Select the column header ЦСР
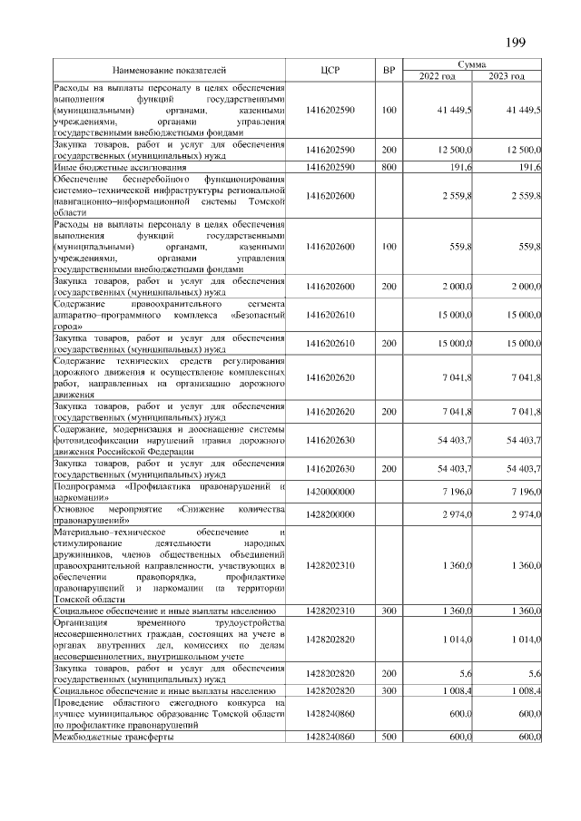[x=330, y=70]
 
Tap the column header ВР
[x=389, y=70]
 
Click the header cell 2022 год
[x=437, y=76]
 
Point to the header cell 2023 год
[x=507, y=76]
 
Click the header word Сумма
[x=471, y=65]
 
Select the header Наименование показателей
[x=169, y=70]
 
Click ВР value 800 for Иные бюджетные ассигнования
[x=389, y=168]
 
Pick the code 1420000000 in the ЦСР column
[x=330, y=492]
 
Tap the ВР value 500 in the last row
[x=389, y=738]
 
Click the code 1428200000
[x=330, y=513]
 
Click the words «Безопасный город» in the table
[x=227, y=321]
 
